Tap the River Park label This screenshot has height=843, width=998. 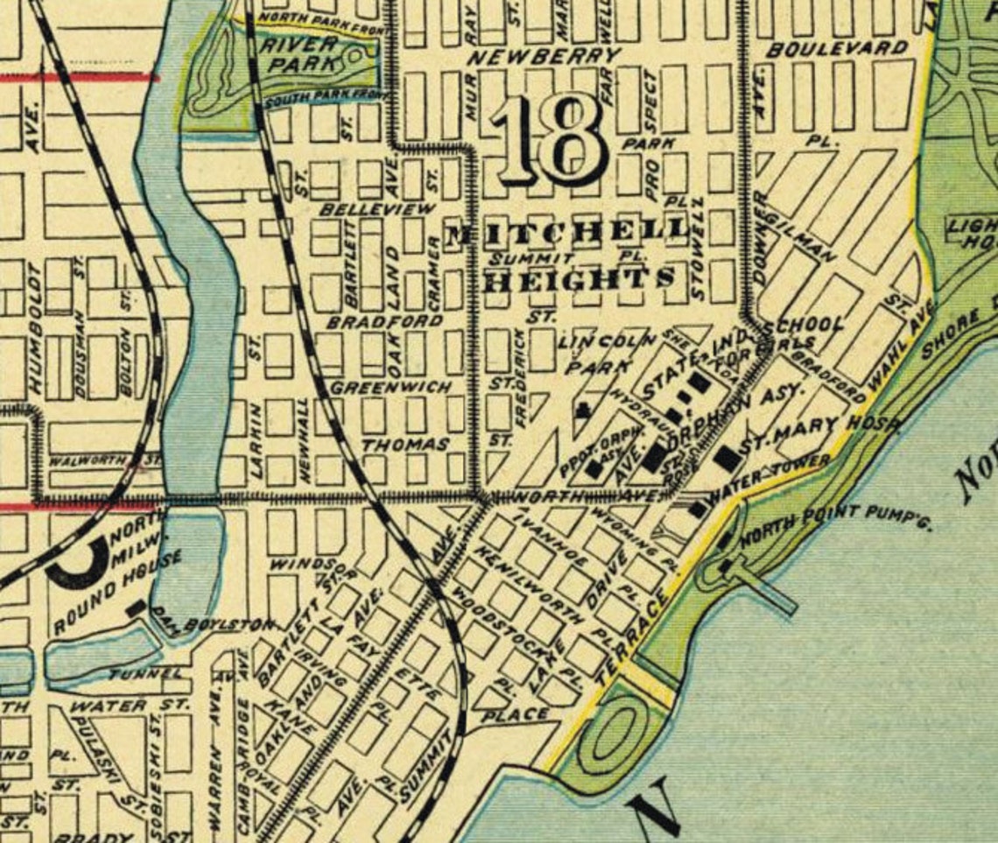302,54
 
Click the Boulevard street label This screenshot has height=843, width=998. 836,49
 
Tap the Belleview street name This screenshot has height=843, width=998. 377,210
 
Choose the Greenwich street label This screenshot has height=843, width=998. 390,386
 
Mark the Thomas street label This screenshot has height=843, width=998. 405,445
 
